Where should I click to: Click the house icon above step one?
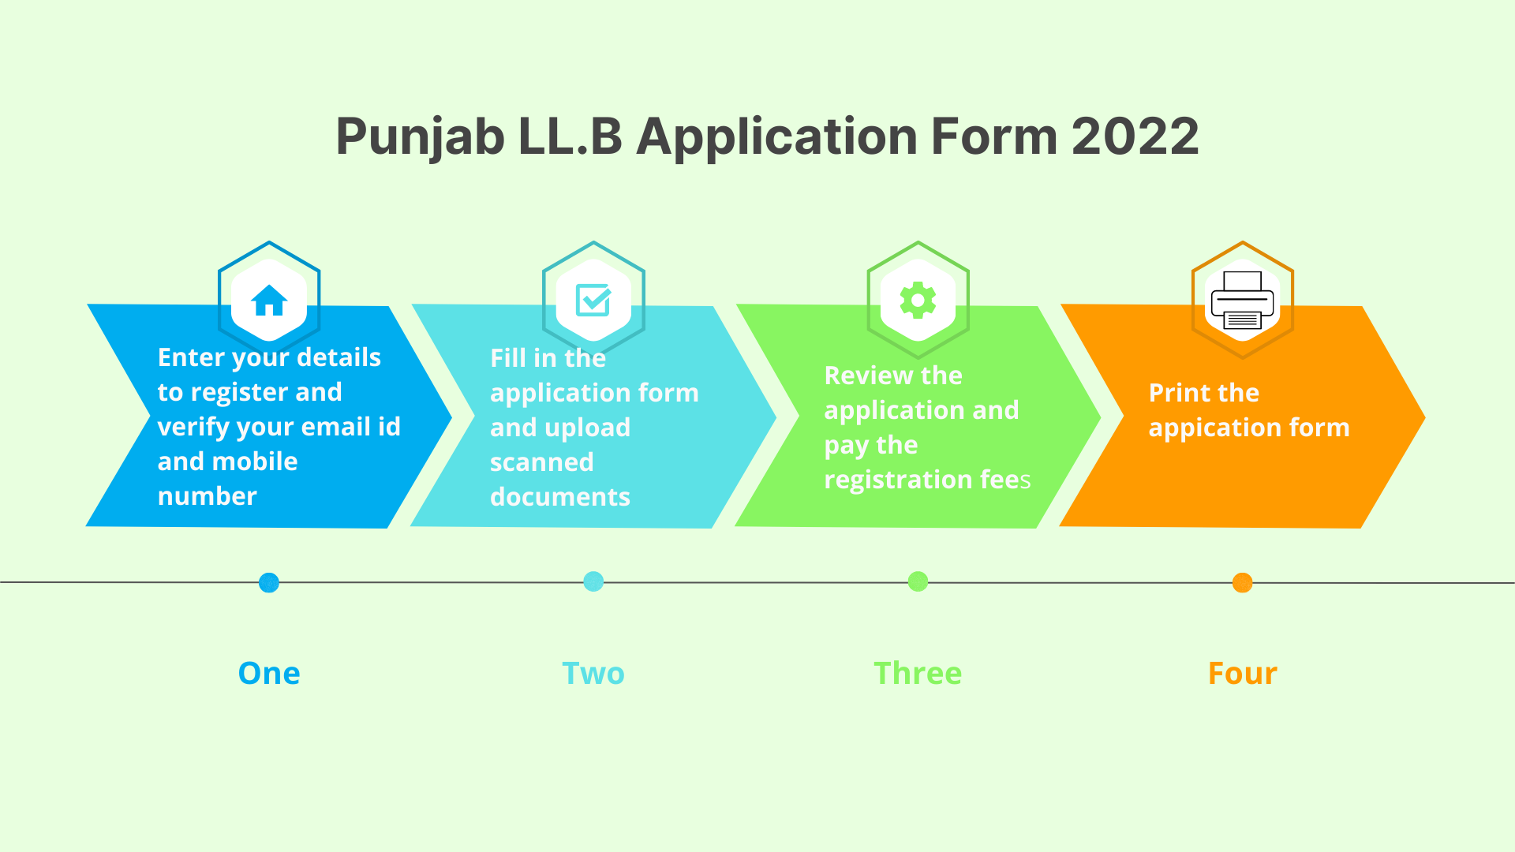(269, 300)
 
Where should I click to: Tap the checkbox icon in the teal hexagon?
(593, 300)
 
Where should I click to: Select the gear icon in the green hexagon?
(918, 301)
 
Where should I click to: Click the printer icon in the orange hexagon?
(1242, 301)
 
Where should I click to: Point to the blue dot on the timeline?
(269, 583)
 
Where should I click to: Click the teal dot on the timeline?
(593, 581)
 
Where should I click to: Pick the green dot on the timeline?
(918, 581)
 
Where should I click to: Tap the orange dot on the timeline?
(1242, 583)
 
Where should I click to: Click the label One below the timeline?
(269, 674)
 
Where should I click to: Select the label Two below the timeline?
(593, 674)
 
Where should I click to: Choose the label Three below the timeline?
(918, 674)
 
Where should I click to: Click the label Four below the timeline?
(1243, 674)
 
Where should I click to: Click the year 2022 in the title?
(1135, 136)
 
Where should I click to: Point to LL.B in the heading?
(570, 136)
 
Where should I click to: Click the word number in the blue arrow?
(208, 496)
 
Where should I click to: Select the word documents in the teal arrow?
(560, 497)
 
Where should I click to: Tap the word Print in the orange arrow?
(1175, 393)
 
